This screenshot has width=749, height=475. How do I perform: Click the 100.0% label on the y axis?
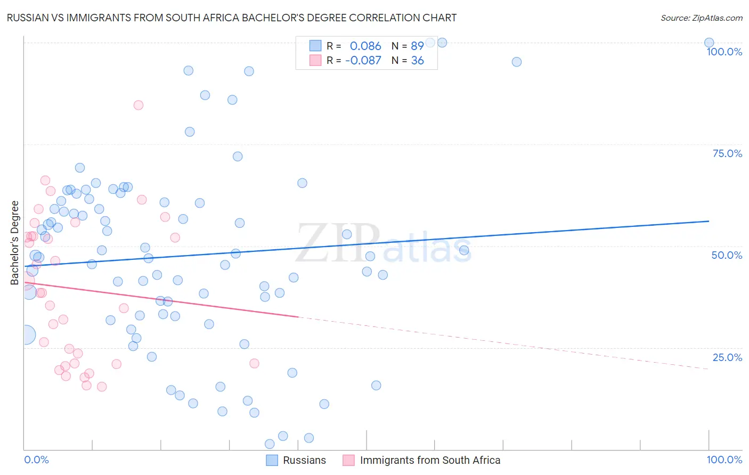click(724, 52)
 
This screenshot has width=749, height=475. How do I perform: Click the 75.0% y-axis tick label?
click(727, 153)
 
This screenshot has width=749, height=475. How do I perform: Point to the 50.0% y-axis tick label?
click(727, 255)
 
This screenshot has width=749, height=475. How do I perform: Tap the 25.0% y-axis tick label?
click(727, 357)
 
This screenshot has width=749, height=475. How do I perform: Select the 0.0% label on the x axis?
click(36, 460)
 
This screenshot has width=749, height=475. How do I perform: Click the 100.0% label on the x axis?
click(724, 460)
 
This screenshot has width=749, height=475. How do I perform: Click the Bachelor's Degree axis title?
click(15, 243)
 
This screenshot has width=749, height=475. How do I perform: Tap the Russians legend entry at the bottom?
click(304, 461)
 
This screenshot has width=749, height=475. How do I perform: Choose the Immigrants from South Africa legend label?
click(430, 461)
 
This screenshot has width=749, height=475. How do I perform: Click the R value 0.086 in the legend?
click(365, 46)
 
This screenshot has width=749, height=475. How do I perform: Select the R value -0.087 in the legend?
click(363, 61)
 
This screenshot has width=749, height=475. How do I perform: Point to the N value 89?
click(417, 46)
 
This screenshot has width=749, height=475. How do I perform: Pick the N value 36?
click(417, 61)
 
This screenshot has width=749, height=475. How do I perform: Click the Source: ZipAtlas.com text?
click(701, 18)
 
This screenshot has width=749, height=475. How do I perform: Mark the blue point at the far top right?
click(709, 43)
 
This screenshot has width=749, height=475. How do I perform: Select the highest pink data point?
click(139, 105)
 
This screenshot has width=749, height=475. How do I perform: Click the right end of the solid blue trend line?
click(709, 221)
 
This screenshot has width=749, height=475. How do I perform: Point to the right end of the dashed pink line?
click(709, 368)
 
